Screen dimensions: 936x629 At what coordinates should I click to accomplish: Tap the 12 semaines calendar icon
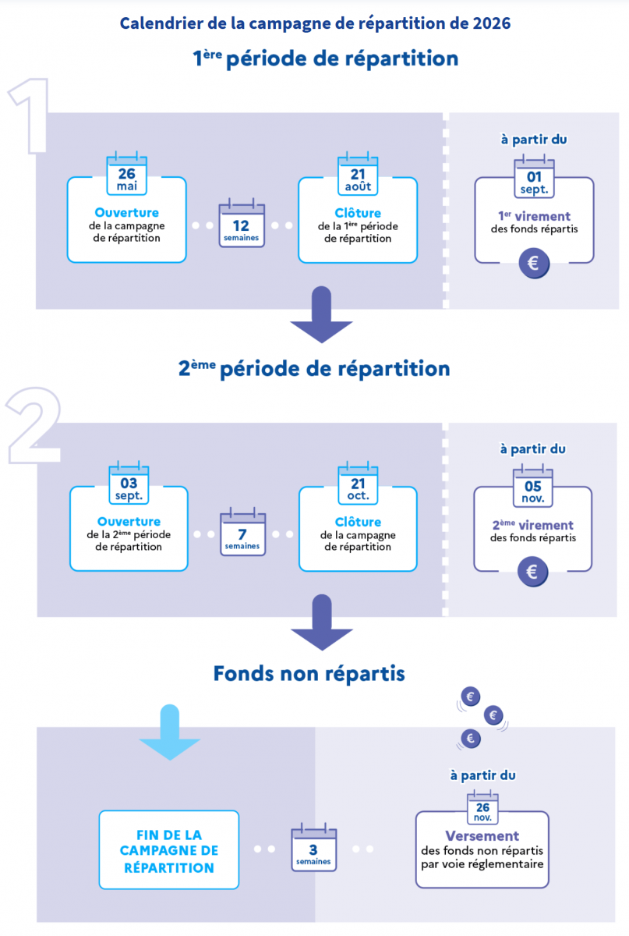pyautogui.click(x=241, y=225)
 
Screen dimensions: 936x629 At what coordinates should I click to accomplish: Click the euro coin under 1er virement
pyautogui.click(x=534, y=264)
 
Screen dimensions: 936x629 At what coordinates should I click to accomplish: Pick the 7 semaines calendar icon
pyautogui.click(x=242, y=534)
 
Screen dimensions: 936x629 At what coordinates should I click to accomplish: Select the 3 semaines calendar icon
pyautogui.click(x=313, y=849)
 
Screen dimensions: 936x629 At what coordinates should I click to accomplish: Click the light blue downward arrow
pyautogui.click(x=169, y=732)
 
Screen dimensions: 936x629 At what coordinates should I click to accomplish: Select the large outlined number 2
pyautogui.click(x=33, y=424)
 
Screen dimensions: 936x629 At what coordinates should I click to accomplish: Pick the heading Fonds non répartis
pyautogui.click(x=309, y=672)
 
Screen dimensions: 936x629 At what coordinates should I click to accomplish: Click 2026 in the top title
pyautogui.click(x=491, y=23)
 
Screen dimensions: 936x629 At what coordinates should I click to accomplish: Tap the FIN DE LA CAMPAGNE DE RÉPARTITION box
pyautogui.click(x=169, y=849)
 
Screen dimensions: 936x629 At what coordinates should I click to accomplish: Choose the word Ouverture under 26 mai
pyautogui.click(x=126, y=212)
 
